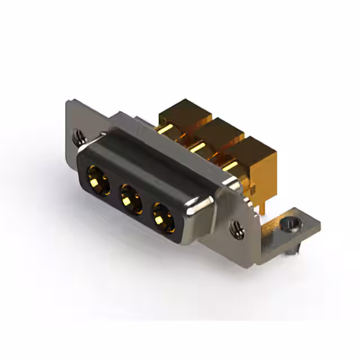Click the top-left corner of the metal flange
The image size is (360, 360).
click(69, 103)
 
